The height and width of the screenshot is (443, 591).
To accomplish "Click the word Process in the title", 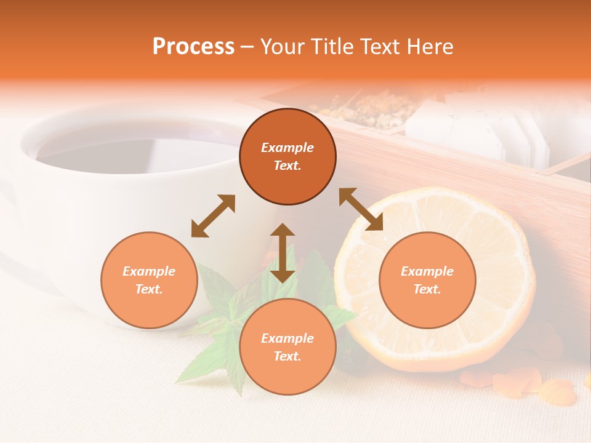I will pyautogui.click(x=193, y=47).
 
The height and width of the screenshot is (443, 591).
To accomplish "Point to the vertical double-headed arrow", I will pyautogui.click(x=283, y=253).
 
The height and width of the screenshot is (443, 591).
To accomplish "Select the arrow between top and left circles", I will pyautogui.click(x=213, y=216).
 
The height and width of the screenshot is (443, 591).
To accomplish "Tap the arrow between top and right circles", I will pyautogui.click(x=361, y=209).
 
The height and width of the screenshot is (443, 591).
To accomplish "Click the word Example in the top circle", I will pyautogui.click(x=287, y=148).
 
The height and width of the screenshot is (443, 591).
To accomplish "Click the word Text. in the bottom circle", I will pyautogui.click(x=287, y=356).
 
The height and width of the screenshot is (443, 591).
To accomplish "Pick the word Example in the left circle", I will pyautogui.click(x=149, y=271).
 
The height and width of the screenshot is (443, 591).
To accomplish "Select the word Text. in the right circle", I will pyautogui.click(x=427, y=289).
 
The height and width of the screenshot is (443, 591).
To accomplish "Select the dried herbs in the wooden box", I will pyautogui.click(x=363, y=111).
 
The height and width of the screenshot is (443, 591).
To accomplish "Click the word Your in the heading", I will pyautogui.click(x=280, y=47).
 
